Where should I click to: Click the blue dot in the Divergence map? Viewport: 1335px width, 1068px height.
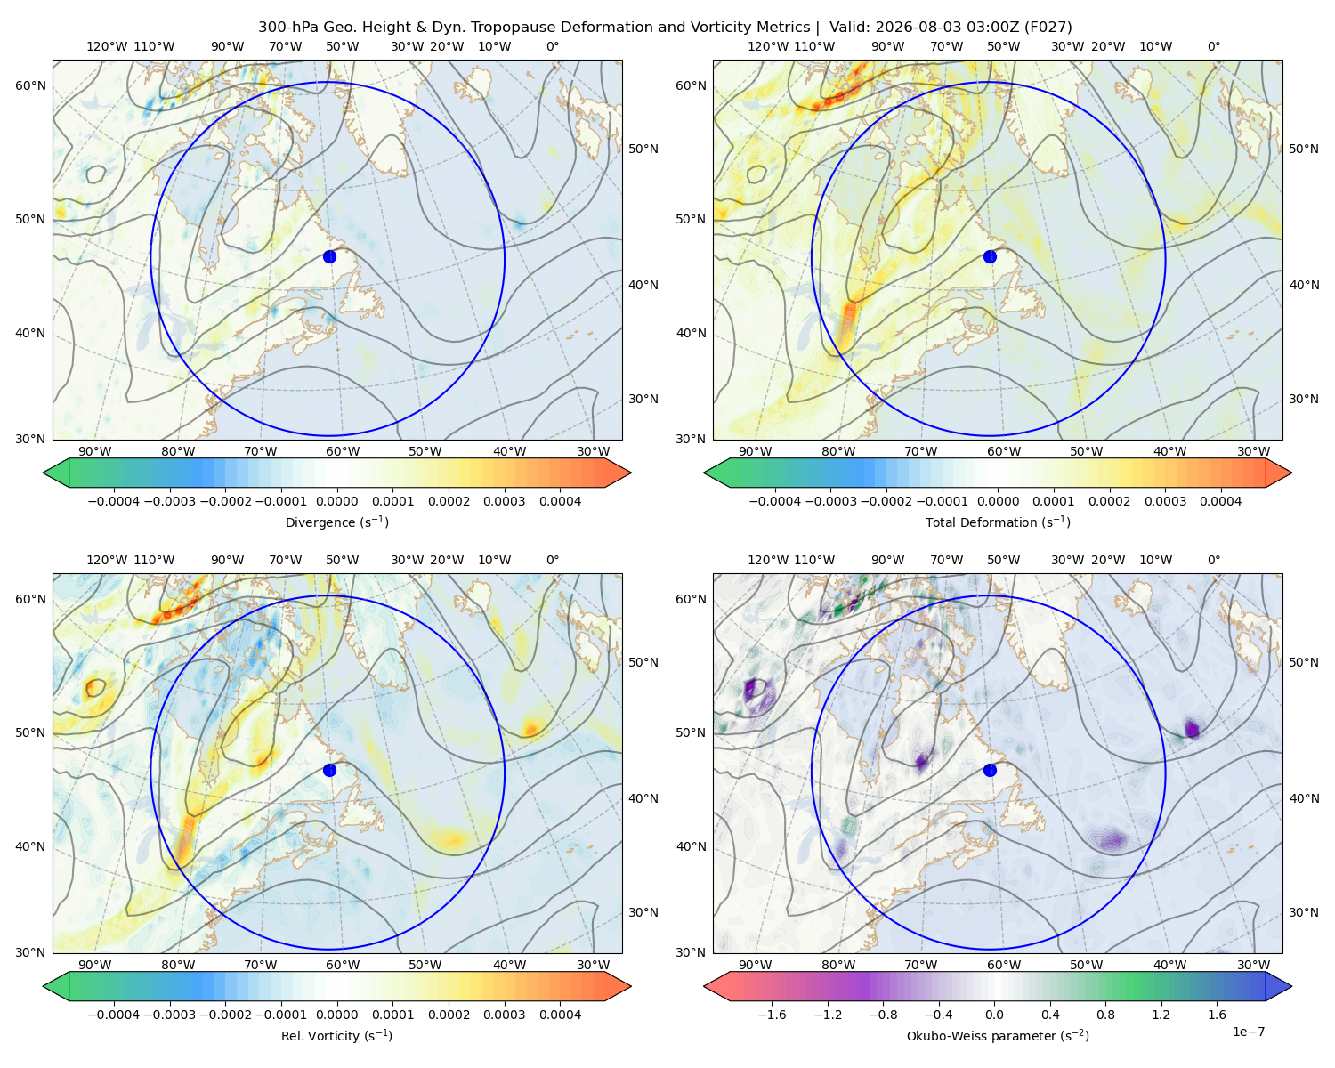pos(329,257)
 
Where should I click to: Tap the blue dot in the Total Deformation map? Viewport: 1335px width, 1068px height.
pos(990,257)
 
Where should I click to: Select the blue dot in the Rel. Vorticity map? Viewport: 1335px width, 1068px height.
pos(329,770)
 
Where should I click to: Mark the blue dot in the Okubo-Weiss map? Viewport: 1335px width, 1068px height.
pos(990,770)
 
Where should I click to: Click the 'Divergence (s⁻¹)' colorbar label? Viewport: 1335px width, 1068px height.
pos(336,522)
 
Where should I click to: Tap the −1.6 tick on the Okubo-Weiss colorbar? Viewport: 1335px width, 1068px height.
pos(772,1015)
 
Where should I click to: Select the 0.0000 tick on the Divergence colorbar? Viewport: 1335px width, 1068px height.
pos(336,501)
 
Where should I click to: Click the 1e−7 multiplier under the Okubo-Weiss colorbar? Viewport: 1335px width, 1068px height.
pos(1248,1032)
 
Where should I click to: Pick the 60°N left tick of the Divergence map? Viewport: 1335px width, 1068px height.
pos(30,85)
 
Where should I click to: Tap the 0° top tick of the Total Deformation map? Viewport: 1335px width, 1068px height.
pos(1213,46)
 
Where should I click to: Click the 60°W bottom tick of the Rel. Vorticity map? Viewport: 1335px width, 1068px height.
pos(343,965)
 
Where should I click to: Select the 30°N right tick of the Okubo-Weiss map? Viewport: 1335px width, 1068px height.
pos(1304,912)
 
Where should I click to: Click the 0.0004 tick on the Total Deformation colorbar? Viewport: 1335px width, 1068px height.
pos(1221,501)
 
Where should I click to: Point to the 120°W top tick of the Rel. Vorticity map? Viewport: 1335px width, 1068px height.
pos(107,560)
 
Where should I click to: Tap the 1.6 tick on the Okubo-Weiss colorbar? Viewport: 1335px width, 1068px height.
pos(1218,1015)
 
